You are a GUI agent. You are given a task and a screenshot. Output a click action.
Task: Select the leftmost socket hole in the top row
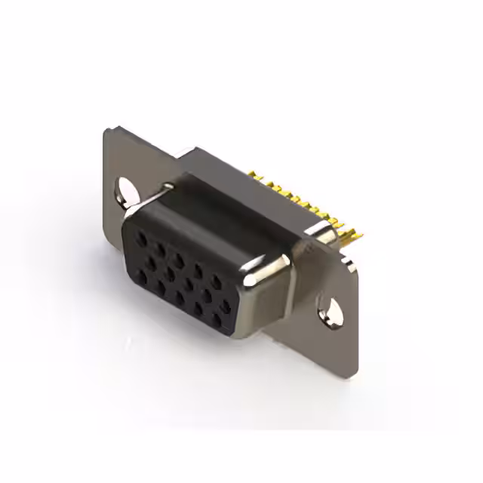(x=141, y=235)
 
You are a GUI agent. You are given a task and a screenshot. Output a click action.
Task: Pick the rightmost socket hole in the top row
(x=217, y=281)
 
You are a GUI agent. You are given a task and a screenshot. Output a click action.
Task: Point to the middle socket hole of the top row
(x=178, y=257)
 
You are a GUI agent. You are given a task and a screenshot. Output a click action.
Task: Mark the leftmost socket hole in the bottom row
(x=141, y=277)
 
